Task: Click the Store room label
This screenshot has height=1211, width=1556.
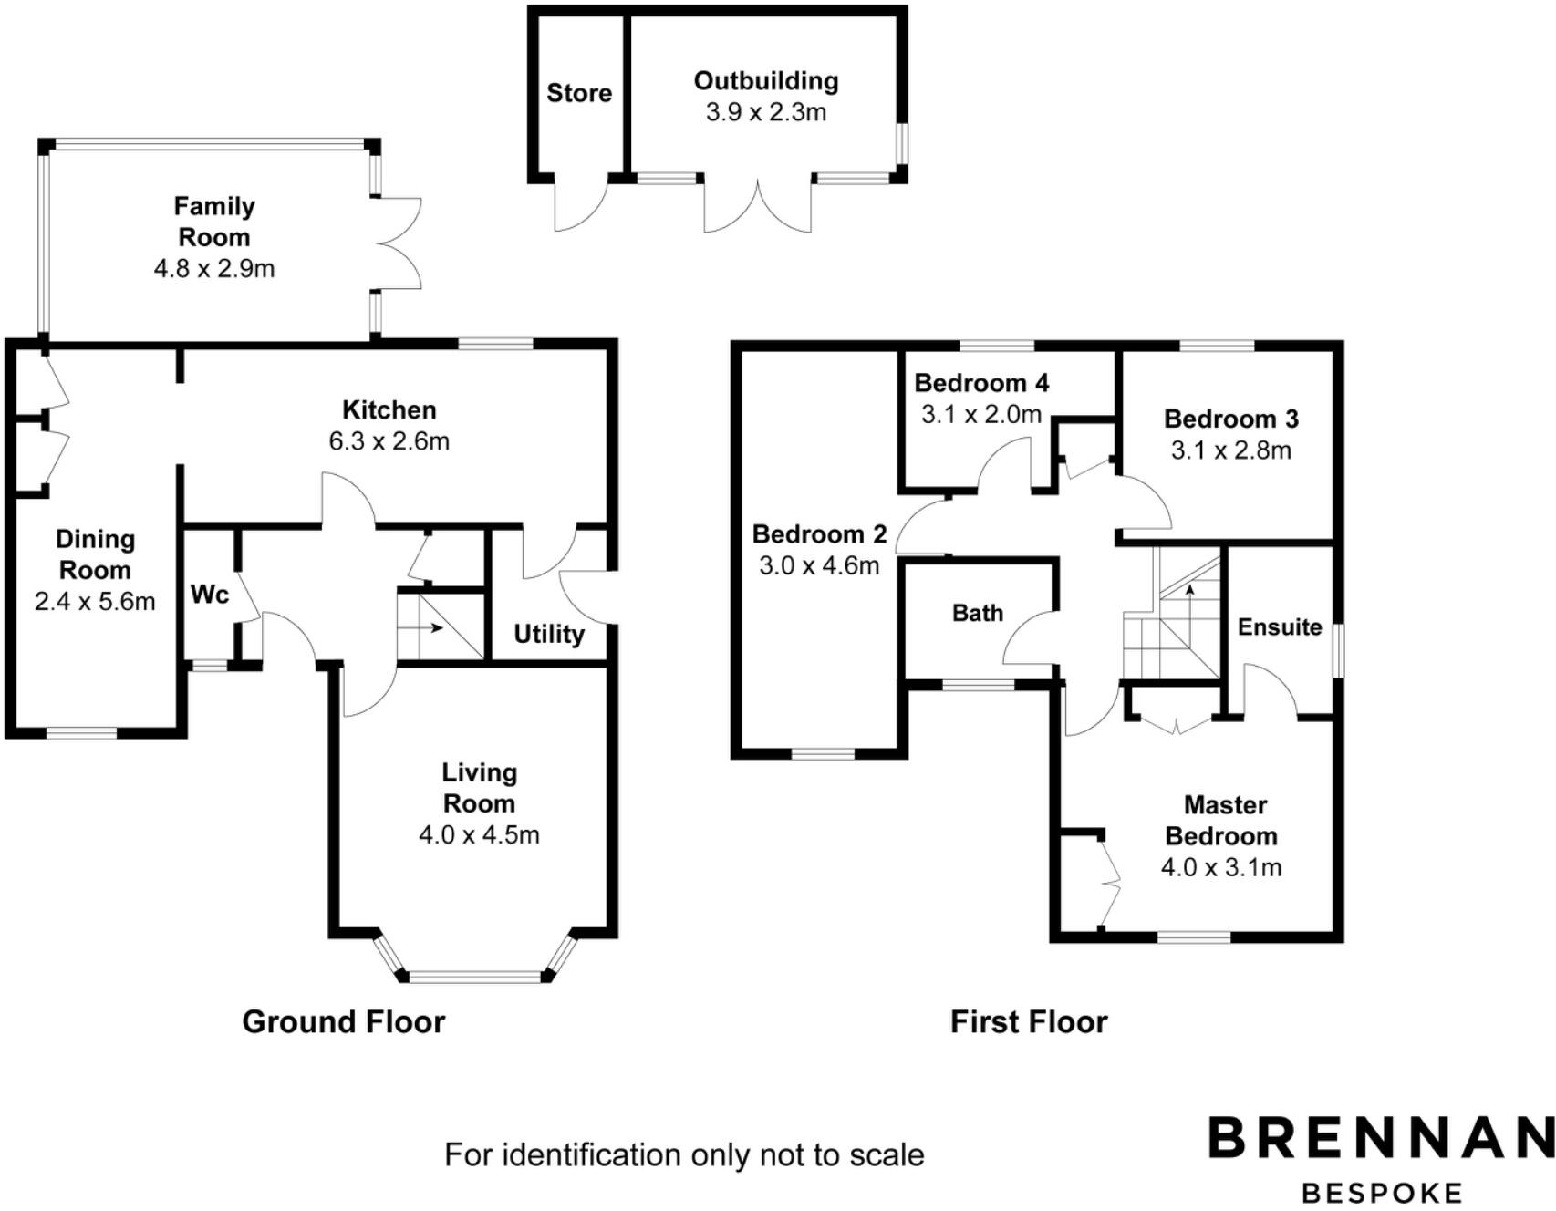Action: tap(579, 93)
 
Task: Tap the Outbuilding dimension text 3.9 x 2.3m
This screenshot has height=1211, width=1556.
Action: tap(766, 112)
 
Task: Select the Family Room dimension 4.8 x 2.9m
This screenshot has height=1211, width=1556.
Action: tap(214, 269)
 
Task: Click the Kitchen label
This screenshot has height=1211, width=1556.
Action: tap(389, 409)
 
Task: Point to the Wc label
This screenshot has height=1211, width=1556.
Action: tap(209, 595)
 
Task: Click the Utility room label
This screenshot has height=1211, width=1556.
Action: tap(549, 635)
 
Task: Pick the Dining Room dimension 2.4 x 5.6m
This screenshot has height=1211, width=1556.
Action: tap(95, 602)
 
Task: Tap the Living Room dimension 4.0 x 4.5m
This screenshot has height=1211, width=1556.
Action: tap(480, 835)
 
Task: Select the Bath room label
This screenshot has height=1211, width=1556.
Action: tap(978, 613)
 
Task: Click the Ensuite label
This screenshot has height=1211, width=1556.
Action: tap(1280, 627)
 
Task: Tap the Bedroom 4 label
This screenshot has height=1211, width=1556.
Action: tap(981, 383)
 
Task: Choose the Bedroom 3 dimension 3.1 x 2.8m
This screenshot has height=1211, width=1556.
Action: tap(1231, 450)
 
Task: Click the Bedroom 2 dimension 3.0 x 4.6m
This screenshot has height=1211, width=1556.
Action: tap(819, 566)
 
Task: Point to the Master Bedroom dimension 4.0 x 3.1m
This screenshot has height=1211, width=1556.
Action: tap(1221, 867)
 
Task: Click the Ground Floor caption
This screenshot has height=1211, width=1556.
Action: tap(344, 1022)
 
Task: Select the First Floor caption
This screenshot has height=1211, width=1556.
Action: tap(1029, 1022)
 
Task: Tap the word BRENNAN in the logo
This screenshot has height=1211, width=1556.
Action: tap(1381, 1138)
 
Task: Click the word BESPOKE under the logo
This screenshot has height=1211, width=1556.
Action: tap(1382, 1193)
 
